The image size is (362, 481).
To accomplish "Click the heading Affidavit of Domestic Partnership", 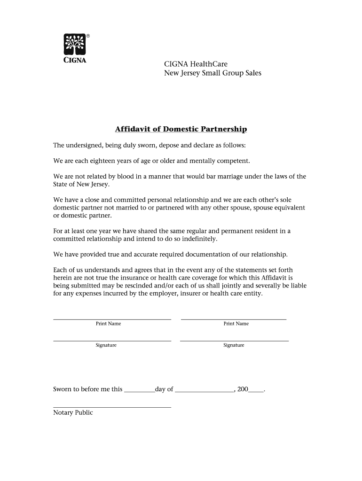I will pos(181,129).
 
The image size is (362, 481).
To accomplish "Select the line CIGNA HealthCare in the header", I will pos(195,64).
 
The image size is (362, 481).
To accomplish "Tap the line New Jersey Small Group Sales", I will pos(212,73).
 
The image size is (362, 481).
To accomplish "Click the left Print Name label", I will pos(109,324).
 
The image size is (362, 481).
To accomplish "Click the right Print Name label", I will pos(236,324).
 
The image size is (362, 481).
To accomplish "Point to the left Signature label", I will pos(106,345).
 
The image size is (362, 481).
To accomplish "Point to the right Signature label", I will pos(234,345).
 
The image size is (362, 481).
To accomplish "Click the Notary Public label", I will pos(73,412).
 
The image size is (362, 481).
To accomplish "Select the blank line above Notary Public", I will pos(112,407).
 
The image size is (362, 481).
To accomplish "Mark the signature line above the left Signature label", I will pos(112,341).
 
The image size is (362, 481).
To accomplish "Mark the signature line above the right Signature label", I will pos(234,341).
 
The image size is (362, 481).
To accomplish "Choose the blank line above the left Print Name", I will pos(112,319).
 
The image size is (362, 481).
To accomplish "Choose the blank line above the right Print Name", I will pos(234,319).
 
